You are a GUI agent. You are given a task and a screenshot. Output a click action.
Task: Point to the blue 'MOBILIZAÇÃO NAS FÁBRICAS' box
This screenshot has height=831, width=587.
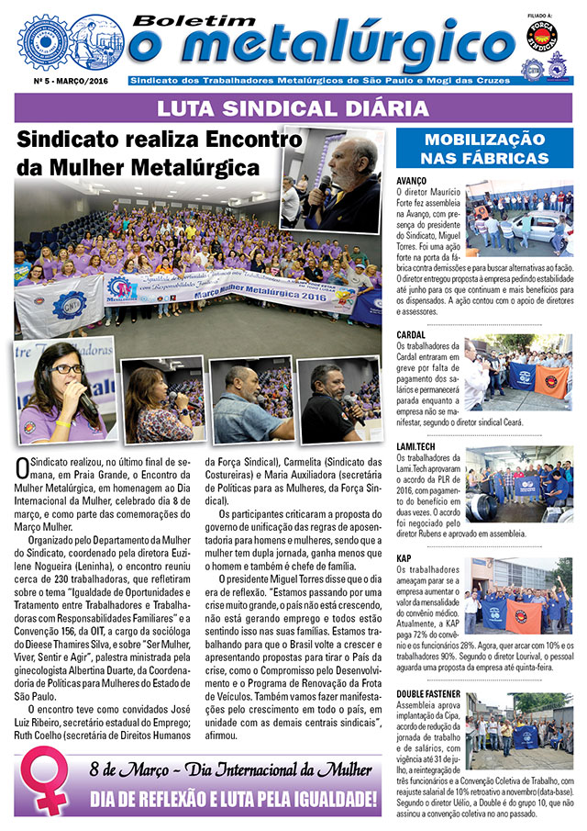pos(485,149)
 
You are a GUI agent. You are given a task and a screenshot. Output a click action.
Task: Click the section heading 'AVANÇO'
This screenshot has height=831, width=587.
pos(413,181)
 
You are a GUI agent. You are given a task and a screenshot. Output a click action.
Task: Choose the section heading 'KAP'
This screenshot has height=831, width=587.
pos(404,558)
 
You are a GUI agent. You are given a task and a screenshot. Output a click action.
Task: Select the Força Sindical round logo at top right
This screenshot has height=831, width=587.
pos(542,37)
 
